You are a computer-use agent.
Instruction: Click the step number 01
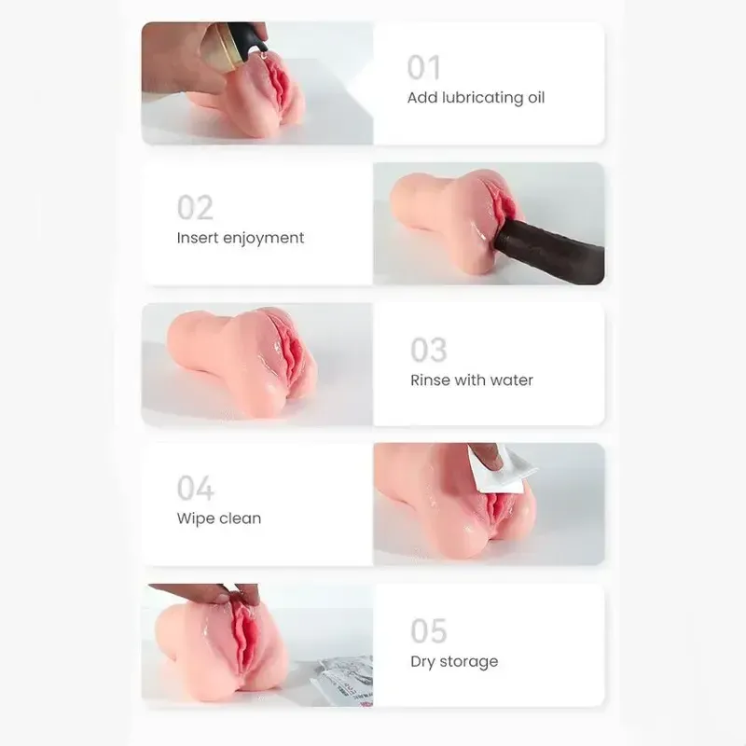tap(423, 67)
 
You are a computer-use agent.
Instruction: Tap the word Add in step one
tap(422, 98)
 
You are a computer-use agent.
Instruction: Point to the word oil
tap(536, 98)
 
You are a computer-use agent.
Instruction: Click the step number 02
tap(195, 207)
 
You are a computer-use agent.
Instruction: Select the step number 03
tap(428, 350)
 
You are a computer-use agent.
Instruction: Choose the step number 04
tap(196, 488)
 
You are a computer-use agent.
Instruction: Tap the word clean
tap(239, 518)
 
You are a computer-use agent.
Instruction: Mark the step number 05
tap(429, 631)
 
